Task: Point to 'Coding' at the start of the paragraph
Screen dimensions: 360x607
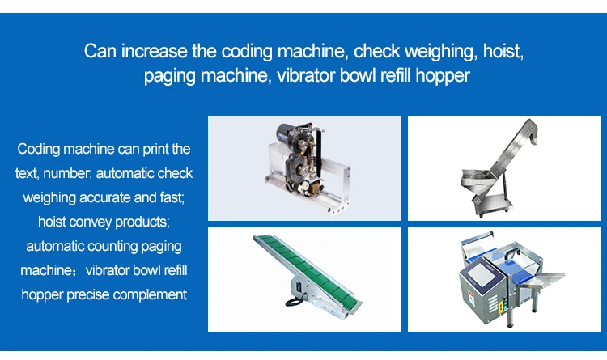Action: click(x=39, y=150)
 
